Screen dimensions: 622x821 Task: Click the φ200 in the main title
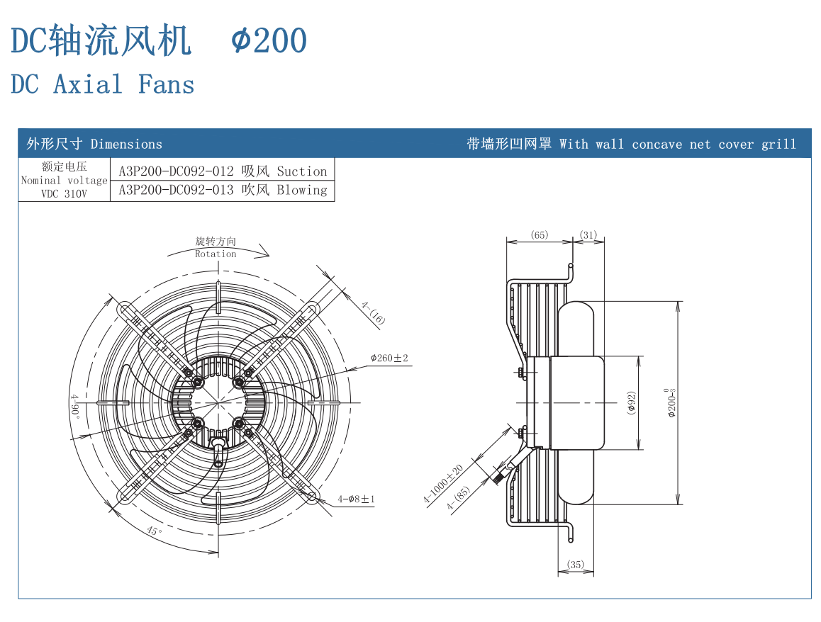[269, 40]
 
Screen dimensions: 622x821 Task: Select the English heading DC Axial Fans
[103, 84]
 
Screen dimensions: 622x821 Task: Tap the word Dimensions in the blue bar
[126, 144]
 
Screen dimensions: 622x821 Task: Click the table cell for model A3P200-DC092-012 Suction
[223, 171]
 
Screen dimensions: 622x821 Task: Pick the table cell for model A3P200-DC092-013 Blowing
[223, 190]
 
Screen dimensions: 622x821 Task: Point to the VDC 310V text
[64, 193]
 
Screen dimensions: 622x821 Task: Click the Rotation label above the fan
[216, 254]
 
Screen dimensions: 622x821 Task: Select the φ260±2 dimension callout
[389, 358]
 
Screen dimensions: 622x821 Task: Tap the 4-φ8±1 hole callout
[357, 499]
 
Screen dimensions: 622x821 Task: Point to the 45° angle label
[154, 530]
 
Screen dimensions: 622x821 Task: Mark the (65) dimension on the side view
[540, 235]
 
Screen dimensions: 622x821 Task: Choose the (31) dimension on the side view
[588, 235]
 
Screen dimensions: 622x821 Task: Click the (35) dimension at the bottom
[576, 565]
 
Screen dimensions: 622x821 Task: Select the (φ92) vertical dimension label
[631, 402]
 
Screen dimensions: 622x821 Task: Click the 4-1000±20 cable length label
[443, 485]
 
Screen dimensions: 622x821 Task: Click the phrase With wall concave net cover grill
[677, 144]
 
